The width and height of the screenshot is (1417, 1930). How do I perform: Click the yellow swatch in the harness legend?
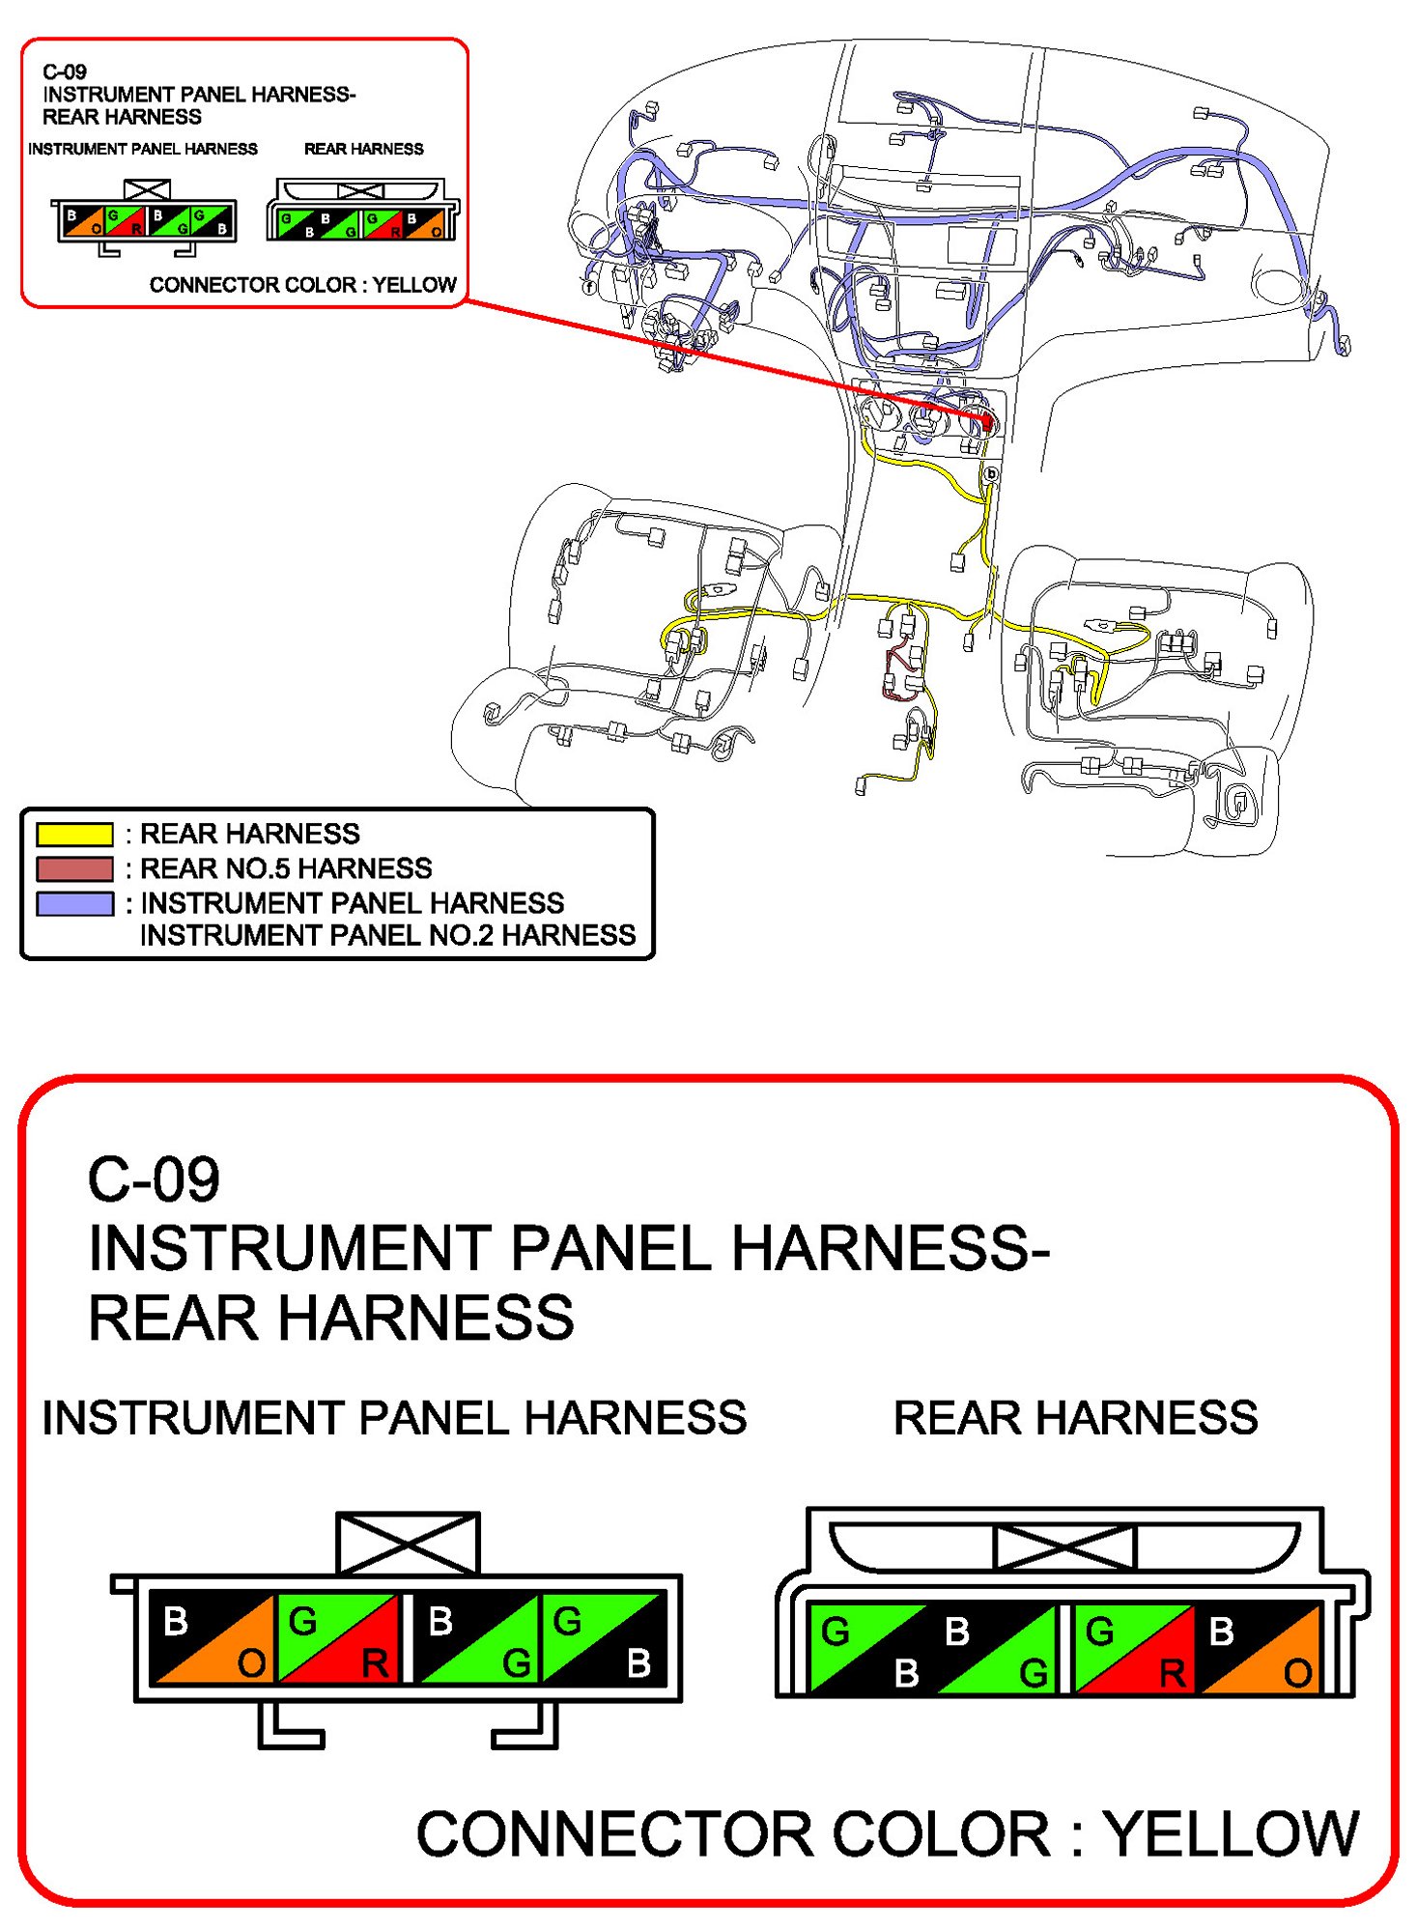coord(74,834)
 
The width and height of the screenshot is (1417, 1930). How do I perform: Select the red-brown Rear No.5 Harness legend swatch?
coord(74,868)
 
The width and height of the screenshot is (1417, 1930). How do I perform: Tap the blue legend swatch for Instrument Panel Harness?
coord(74,903)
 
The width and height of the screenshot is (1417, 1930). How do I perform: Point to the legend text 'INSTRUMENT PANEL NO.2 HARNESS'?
coord(387,935)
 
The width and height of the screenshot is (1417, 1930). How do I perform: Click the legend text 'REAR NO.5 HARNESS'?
coord(286,868)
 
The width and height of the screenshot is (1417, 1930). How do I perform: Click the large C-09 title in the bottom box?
coord(154,1179)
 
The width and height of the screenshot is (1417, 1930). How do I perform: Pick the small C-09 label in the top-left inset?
coord(65,71)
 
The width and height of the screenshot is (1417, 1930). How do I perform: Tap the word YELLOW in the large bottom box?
coord(1232,1833)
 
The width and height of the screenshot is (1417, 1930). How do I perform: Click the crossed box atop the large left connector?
coord(408,1543)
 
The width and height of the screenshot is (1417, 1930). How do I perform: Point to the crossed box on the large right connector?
coord(1064,1547)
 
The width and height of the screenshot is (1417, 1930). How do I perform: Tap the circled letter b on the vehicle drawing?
coord(991,474)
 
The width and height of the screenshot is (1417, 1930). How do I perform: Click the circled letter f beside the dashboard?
coord(589,287)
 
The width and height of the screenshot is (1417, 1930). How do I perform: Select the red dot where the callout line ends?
coord(986,422)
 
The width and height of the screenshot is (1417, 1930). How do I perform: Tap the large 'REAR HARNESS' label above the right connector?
coord(1075,1417)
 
